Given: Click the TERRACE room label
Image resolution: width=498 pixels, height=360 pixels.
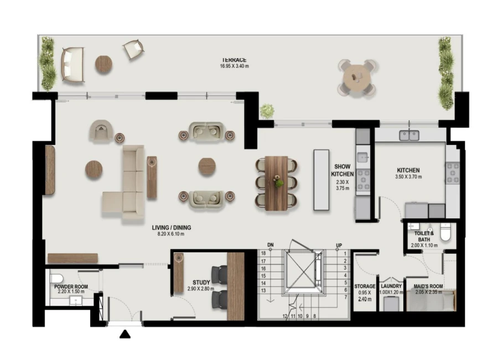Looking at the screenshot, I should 234,60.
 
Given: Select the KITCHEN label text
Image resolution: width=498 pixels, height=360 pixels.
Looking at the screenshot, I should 408,170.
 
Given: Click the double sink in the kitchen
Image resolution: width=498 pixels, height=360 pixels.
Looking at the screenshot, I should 409,134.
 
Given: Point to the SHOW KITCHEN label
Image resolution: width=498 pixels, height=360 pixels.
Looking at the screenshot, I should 342,170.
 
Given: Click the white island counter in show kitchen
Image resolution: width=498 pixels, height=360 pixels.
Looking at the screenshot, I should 321,180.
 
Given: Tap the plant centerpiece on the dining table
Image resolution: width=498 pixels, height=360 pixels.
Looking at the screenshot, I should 279,182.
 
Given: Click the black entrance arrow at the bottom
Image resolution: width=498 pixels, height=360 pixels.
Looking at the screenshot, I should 126,334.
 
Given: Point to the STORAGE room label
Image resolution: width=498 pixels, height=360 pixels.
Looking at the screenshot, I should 365,286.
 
